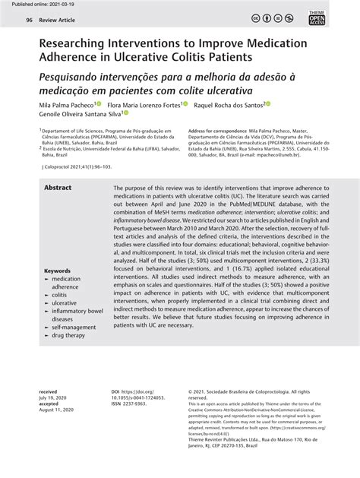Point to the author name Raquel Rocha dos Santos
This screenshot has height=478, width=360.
coord(230,105)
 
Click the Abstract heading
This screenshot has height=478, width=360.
coord(58,188)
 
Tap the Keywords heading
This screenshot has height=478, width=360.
coord(58,271)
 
